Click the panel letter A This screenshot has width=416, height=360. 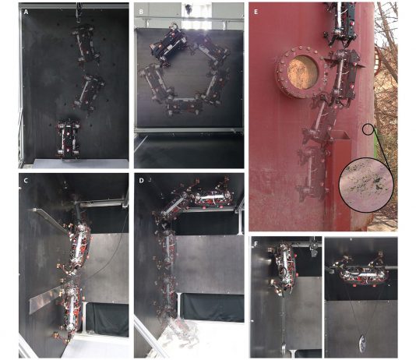(x=26, y=12)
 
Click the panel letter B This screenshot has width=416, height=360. (x=141, y=12)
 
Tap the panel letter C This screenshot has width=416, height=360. (x=26, y=181)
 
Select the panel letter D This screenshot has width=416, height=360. (x=142, y=181)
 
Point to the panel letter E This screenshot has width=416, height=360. (x=256, y=12)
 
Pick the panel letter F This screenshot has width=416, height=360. (x=256, y=244)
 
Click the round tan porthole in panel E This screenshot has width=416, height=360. (x=302, y=72)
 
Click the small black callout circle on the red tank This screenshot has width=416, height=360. (x=368, y=129)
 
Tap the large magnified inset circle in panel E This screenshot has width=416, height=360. (x=366, y=184)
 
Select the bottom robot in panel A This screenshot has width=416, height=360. (x=69, y=139)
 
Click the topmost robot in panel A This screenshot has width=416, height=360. (x=86, y=44)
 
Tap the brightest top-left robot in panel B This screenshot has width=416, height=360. (x=167, y=44)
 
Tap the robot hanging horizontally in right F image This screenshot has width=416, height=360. (x=362, y=273)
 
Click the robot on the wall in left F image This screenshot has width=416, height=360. (x=284, y=268)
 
